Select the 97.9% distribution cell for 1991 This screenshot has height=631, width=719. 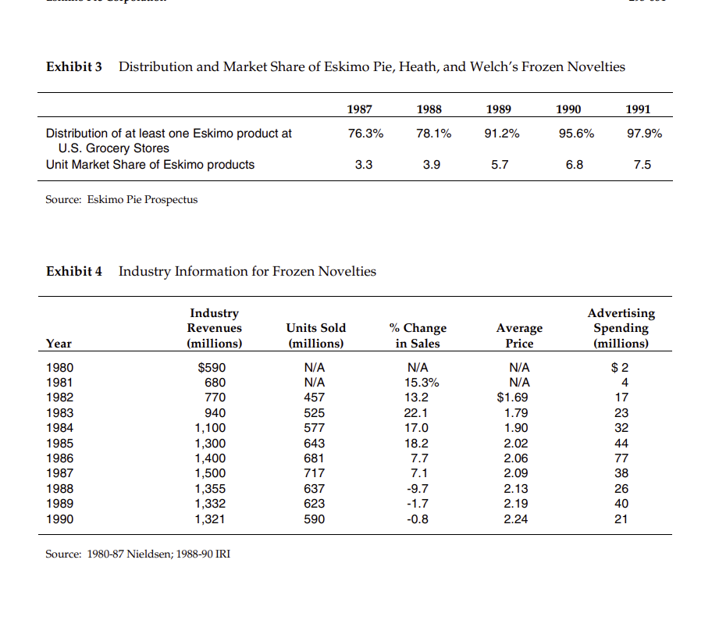click(x=644, y=134)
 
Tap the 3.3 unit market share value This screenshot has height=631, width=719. click(x=364, y=164)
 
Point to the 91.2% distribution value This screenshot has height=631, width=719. click(x=501, y=134)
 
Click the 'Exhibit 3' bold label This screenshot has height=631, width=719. click(x=74, y=67)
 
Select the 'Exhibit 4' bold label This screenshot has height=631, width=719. click(x=74, y=272)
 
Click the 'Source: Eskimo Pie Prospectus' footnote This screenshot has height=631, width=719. click(x=121, y=200)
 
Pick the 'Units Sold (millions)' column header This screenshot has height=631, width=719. click(x=315, y=335)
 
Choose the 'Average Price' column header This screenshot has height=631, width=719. click(x=519, y=335)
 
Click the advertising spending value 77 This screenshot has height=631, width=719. click(x=621, y=458)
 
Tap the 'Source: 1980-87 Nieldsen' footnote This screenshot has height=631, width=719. click(x=137, y=554)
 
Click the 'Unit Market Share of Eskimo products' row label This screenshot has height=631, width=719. click(x=150, y=164)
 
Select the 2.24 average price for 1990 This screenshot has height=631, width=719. click(x=516, y=519)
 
